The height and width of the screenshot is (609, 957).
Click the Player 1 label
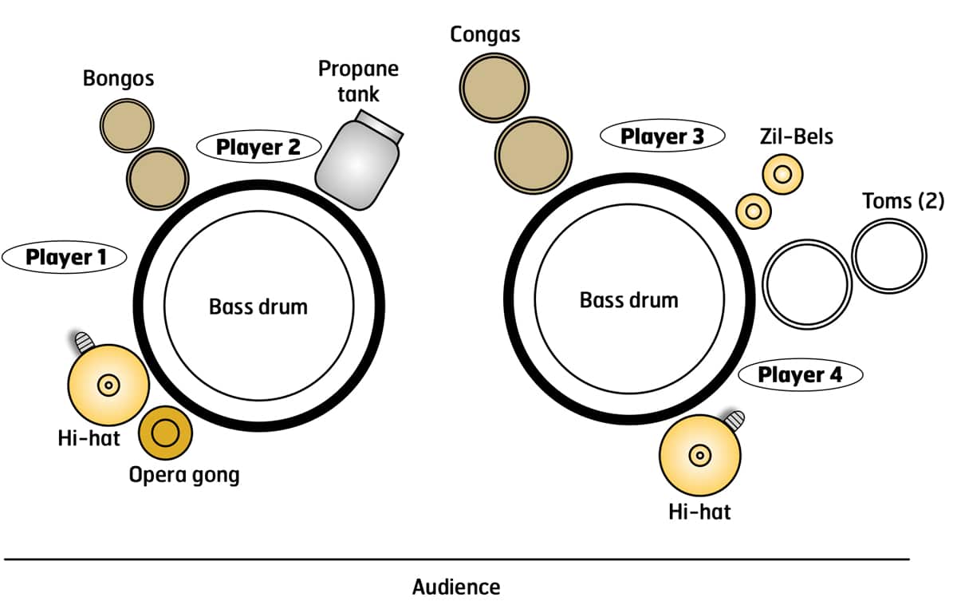click(x=65, y=257)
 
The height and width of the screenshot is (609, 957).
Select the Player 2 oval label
click(x=258, y=147)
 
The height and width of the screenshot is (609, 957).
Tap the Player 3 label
click(x=662, y=136)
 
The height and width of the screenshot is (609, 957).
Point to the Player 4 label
click(x=800, y=374)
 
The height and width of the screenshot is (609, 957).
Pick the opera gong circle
click(x=166, y=433)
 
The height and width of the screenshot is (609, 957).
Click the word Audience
click(x=456, y=587)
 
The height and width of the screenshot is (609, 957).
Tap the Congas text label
click(x=485, y=34)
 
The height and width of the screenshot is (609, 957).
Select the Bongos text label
click(x=118, y=78)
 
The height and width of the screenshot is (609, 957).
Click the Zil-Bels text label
click(x=796, y=136)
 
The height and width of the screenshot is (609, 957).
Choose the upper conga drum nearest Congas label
click(x=494, y=85)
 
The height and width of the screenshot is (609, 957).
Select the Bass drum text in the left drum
click(x=258, y=306)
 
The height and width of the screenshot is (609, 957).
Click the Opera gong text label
click(x=184, y=476)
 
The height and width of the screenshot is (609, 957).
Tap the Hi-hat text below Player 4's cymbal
click(x=699, y=511)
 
